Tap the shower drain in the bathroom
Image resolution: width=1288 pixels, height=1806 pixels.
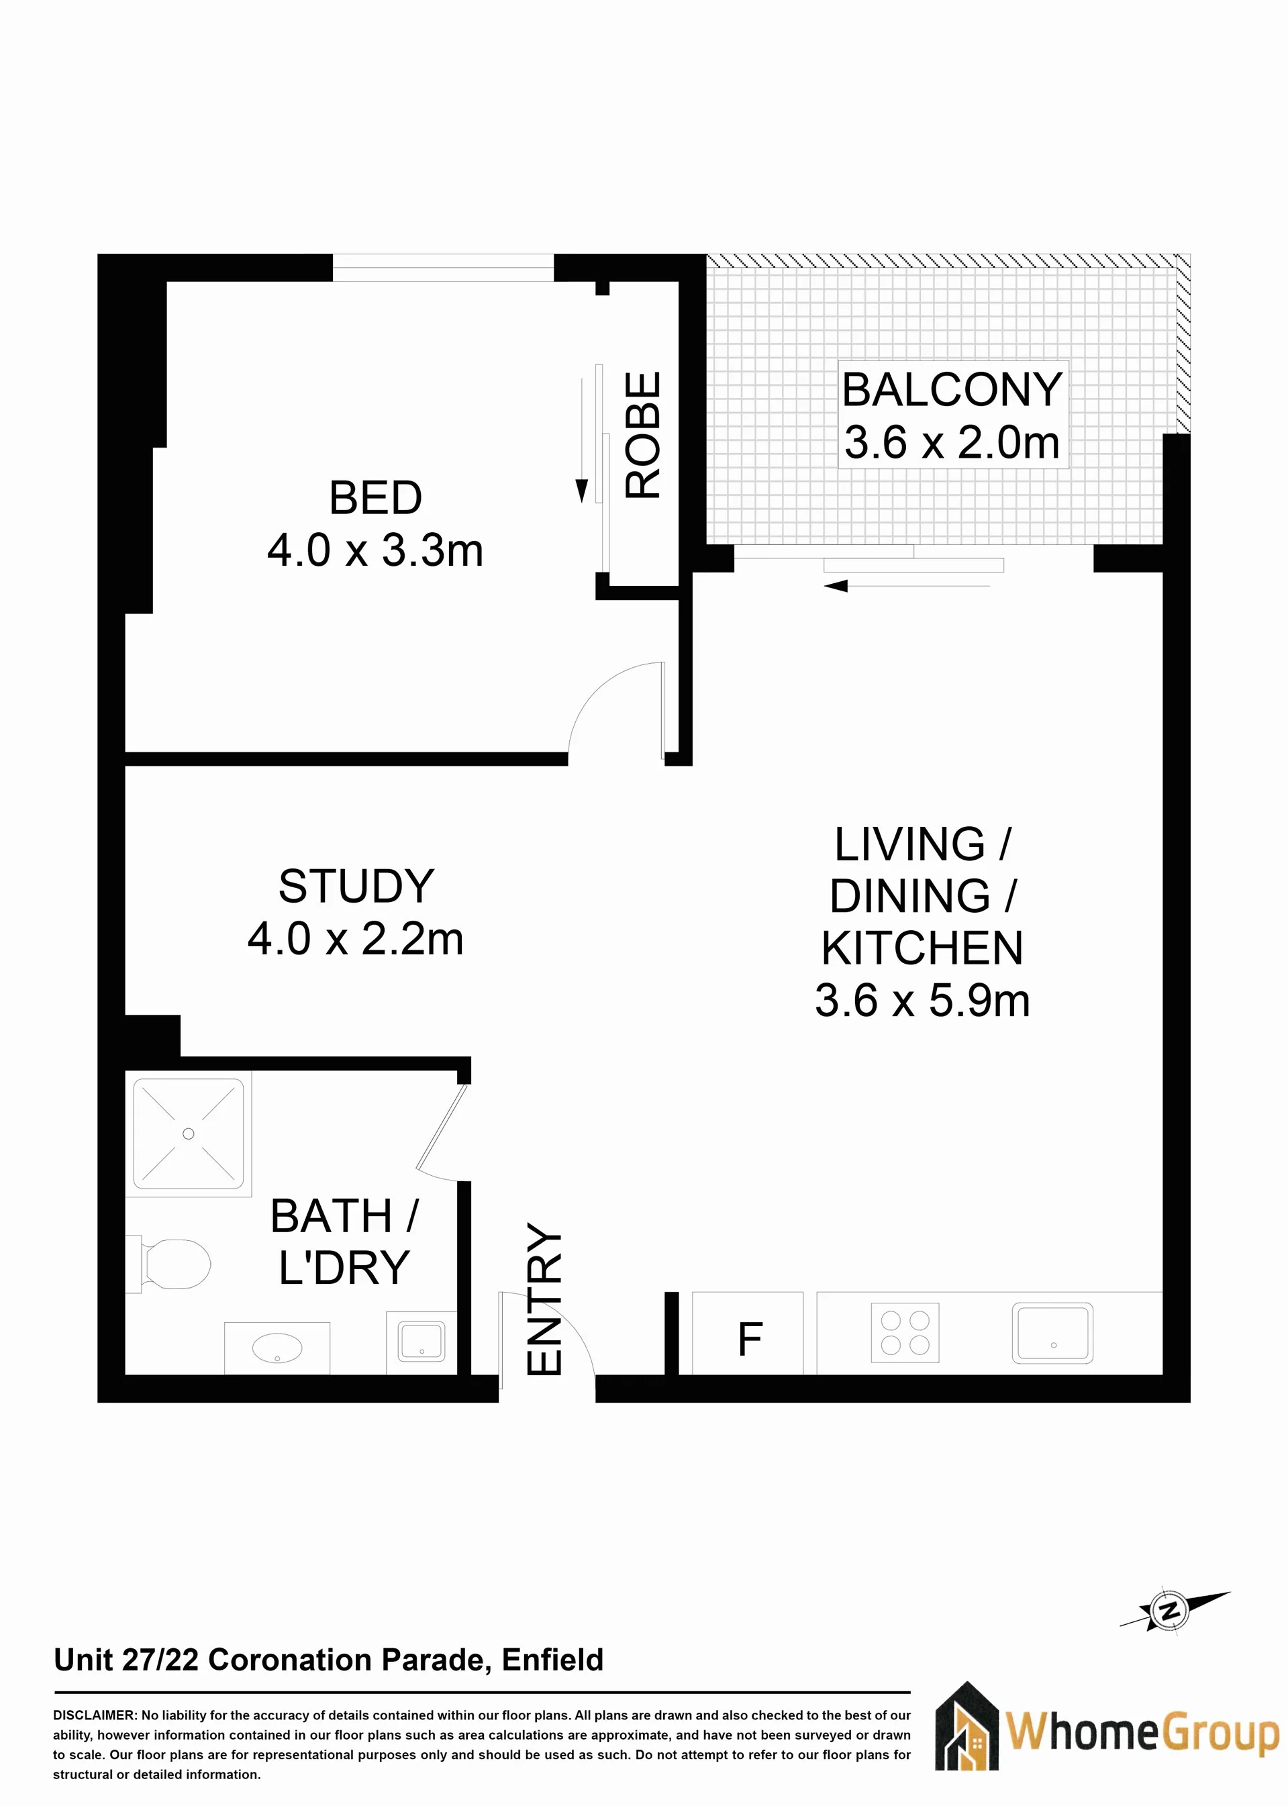click(188, 1134)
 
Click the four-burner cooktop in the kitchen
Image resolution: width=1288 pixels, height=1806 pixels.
click(905, 1333)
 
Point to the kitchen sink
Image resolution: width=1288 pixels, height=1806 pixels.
click(1052, 1334)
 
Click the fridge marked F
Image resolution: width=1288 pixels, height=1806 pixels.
click(748, 1333)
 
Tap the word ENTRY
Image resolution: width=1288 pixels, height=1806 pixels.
click(545, 1299)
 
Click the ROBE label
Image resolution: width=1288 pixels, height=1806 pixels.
click(642, 436)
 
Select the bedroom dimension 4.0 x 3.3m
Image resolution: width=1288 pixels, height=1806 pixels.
click(375, 550)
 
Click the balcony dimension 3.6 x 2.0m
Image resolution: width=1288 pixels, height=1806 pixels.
click(952, 442)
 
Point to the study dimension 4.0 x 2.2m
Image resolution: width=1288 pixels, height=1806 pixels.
click(355, 940)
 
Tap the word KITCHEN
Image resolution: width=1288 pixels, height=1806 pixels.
click(922, 948)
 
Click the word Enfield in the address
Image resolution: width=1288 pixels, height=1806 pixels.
click(553, 1659)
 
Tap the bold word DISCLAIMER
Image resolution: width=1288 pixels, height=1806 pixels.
click(95, 1715)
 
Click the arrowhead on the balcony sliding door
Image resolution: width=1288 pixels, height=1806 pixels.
click(836, 586)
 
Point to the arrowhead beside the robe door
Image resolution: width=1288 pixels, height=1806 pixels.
click(581, 491)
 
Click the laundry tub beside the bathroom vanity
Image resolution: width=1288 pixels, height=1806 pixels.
click(421, 1342)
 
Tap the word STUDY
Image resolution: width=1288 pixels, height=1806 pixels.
click(356, 887)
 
